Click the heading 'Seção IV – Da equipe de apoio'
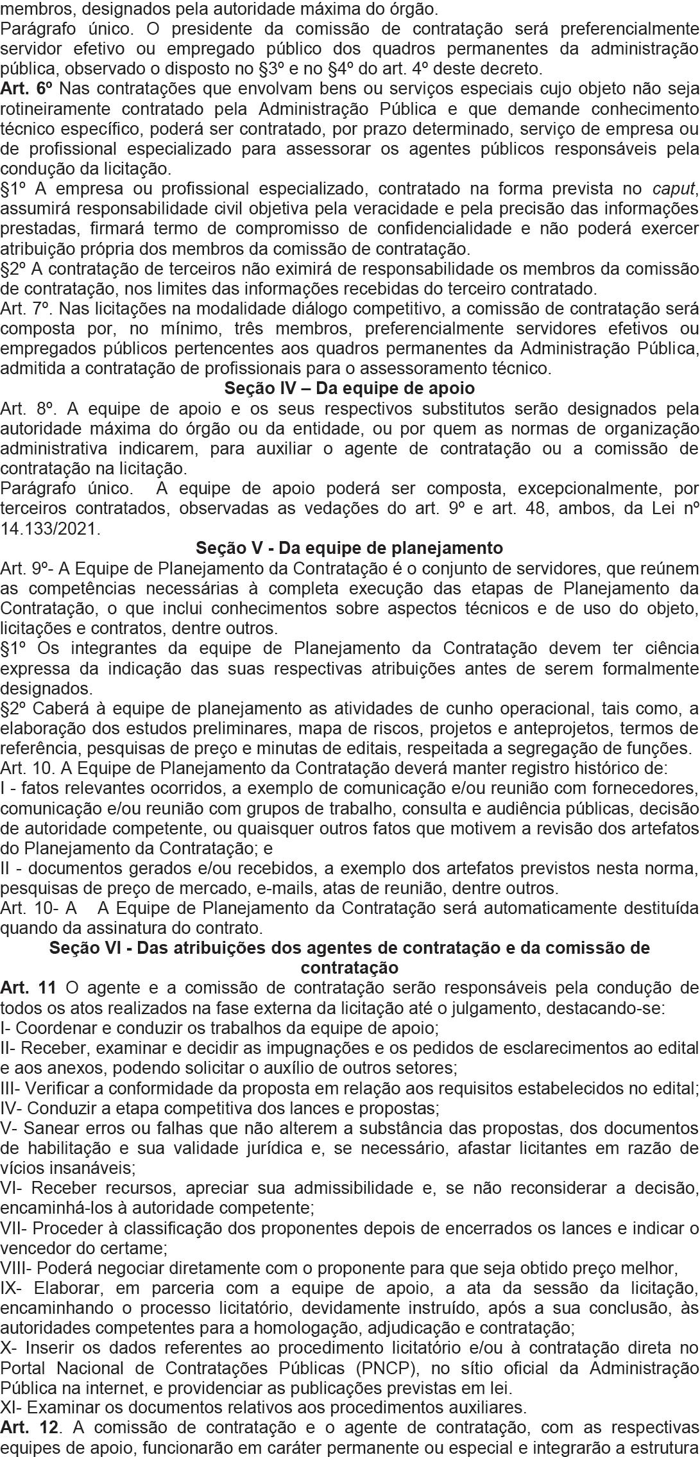point(350,388)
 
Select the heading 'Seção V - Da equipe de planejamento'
point(350,548)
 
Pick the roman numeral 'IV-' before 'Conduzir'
point(12,1107)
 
